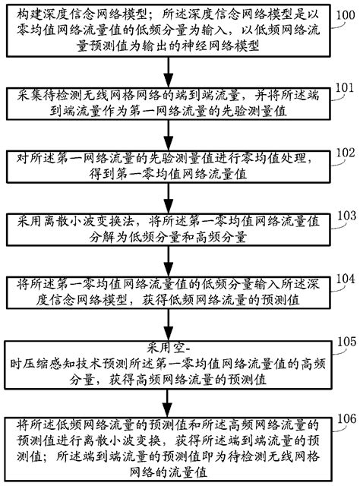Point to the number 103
tap(345, 216)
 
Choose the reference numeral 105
tap(345, 339)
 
